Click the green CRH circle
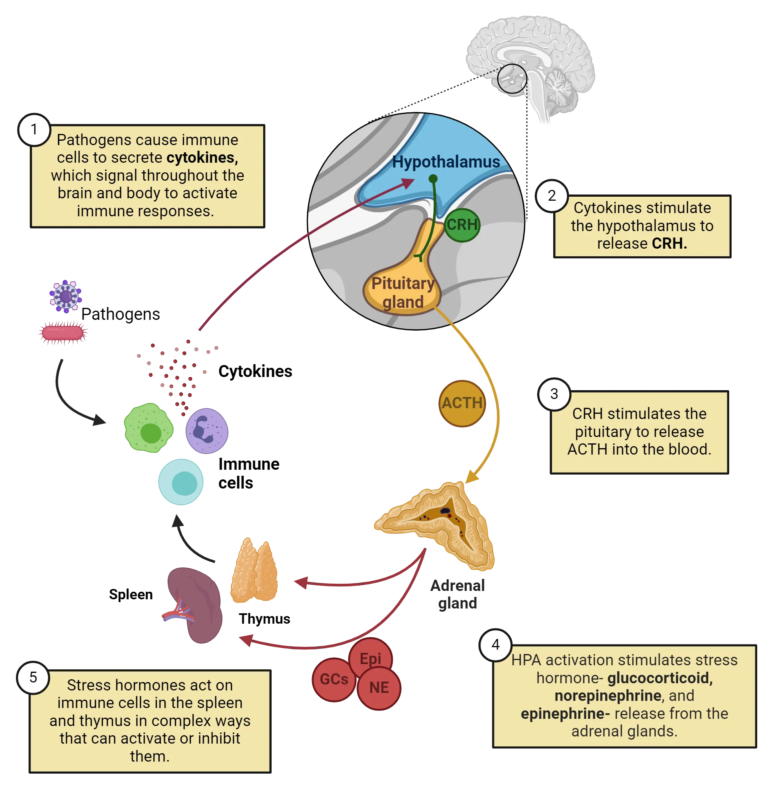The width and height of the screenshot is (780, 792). pyautogui.click(x=462, y=225)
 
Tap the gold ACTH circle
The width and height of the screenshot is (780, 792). pyautogui.click(x=462, y=404)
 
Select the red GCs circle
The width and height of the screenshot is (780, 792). pyautogui.click(x=334, y=679)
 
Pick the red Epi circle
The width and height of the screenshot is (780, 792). pyautogui.click(x=371, y=658)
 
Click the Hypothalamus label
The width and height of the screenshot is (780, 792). pyautogui.click(x=446, y=162)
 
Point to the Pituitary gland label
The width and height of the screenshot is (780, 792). pyautogui.click(x=403, y=292)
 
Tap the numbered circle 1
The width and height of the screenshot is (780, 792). pyautogui.click(x=34, y=130)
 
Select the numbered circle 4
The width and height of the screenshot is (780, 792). pyautogui.click(x=496, y=644)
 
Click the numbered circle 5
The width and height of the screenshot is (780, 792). pyautogui.click(x=33, y=677)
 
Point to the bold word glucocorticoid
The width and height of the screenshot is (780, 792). pyautogui.click(x=660, y=678)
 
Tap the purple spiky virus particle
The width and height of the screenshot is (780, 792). pyautogui.click(x=66, y=296)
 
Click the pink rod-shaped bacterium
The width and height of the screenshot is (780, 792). pyautogui.click(x=63, y=333)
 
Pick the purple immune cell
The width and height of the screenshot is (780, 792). pyautogui.click(x=207, y=431)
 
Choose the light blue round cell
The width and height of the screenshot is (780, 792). pyautogui.click(x=181, y=482)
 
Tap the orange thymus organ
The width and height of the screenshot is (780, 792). pyautogui.click(x=254, y=571)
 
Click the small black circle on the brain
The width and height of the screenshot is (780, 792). pyautogui.click(x=512, y=79)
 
